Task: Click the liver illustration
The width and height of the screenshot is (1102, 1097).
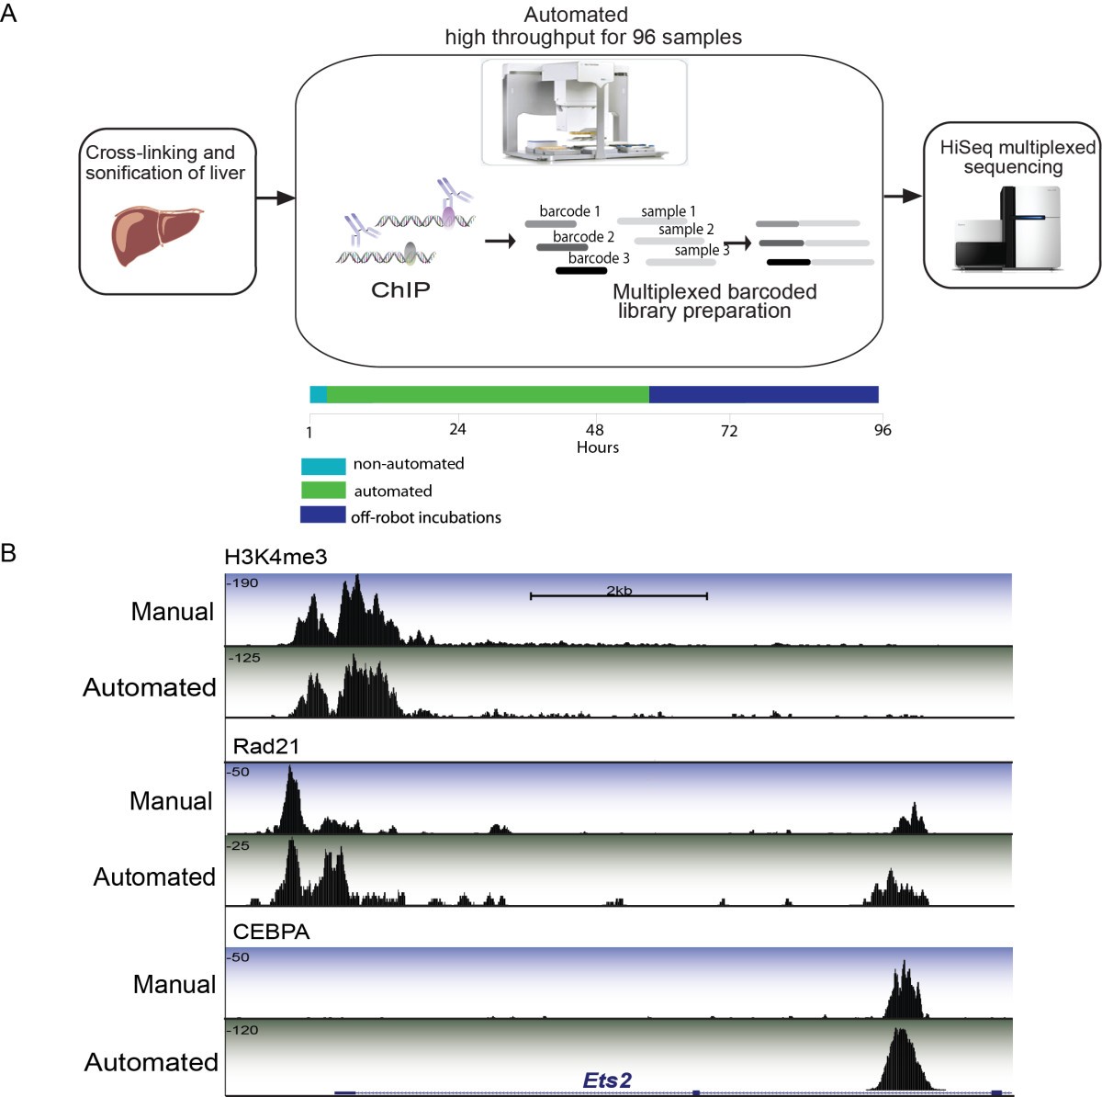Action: tap(155, 235)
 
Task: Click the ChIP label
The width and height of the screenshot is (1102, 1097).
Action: tap(400, 290)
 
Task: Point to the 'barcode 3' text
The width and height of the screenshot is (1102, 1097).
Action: tap(599, 258)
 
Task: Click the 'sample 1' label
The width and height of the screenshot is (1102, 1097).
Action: tap(668, 211)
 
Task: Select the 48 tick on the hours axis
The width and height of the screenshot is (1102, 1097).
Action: tap(595, 430)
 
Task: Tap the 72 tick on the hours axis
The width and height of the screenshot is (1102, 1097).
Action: tap(728, 431)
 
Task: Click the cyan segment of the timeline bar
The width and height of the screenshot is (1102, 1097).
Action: tap(318, 394)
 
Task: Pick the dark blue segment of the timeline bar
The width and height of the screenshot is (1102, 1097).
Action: tap(763, 394)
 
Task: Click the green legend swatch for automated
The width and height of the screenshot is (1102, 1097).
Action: tap(323, 491)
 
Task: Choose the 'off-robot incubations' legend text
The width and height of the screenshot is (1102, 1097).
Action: tap(425, 517)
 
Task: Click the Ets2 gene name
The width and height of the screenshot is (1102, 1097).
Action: tap(607, 1080)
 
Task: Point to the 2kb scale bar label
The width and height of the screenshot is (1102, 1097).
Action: tap(619, 591)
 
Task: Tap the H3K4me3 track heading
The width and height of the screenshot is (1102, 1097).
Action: tap(275, 557)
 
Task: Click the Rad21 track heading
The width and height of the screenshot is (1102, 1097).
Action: tap(265, 746)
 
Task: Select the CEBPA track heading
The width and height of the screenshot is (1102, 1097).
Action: tap(271, 932)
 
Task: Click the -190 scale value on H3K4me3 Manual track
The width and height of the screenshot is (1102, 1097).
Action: tap(243, 583)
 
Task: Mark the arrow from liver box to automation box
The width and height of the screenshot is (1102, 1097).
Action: tap(275, 198)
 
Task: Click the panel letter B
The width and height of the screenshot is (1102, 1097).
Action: tap(9, 553)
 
